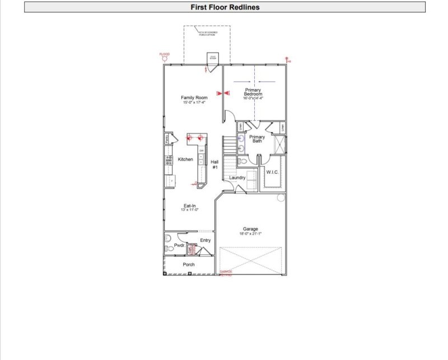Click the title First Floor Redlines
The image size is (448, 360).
click(225, 7)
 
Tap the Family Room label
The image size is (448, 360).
click(194, 98)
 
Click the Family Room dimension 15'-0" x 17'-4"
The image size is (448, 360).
click(194, 103)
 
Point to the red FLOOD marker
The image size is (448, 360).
click(164, 55)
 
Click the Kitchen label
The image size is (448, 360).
click(185, 160)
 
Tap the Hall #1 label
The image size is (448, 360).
click(214, 164)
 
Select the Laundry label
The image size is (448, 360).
click(237, 177)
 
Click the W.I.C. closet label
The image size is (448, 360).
click(272, 172)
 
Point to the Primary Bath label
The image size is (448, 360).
click(257, 139)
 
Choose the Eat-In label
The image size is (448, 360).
click(189, 205)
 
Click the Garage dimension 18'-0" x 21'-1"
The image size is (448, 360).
click(250, 233)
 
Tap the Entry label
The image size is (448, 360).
click(206, 240)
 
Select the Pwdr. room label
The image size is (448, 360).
click(179, 246)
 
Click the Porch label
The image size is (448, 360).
click(189, 264)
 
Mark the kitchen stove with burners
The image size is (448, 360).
click(167, 160)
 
